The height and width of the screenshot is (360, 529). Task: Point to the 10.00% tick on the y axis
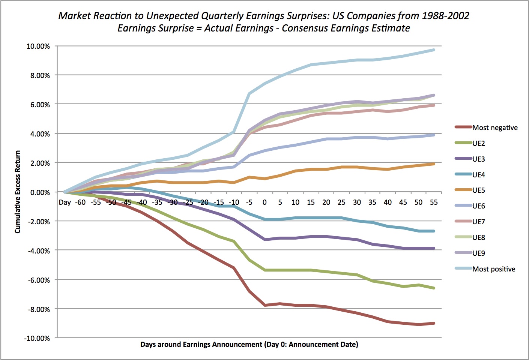click(x=38, y=46)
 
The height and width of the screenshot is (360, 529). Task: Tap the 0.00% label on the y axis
click(x=39, y=192)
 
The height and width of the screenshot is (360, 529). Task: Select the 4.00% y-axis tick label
click(x=39, y=134)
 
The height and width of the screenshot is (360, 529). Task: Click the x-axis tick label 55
click(x=434, y=202)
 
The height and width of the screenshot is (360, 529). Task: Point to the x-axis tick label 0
click(x=264, y=202)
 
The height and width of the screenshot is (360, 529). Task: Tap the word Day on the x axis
click(x=65, y=202)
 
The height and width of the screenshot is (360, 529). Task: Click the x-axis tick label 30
click(x=357, y=202)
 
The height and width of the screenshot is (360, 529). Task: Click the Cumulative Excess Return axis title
click(x=18, y=192)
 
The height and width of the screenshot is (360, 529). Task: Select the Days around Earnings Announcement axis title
click(x=249, y=344)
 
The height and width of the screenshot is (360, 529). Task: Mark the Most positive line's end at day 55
click(x=434, y=49)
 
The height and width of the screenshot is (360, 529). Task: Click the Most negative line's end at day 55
click(x=434, y=323)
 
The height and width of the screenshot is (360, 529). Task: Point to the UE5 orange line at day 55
click(x=434, y=164)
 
